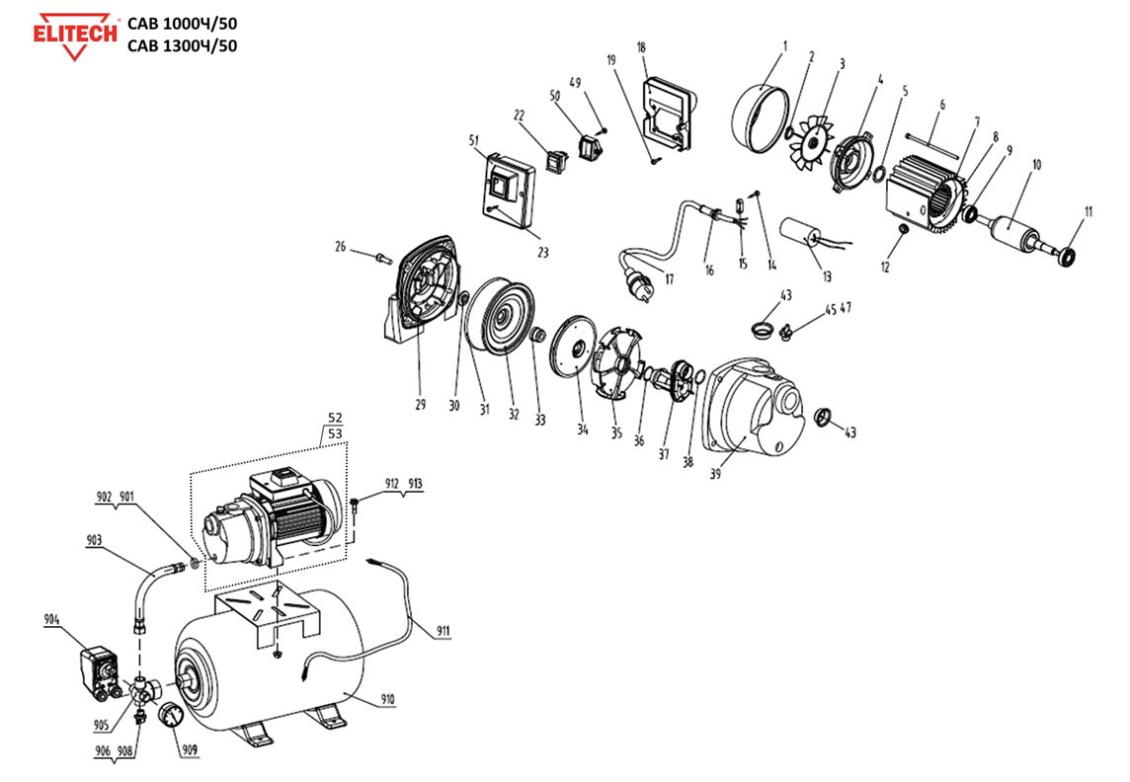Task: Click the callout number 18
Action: point(642,47)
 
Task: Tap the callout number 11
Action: point(1088,210)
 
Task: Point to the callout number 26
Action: point(341,246)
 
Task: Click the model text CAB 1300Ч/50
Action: point(182,45)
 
